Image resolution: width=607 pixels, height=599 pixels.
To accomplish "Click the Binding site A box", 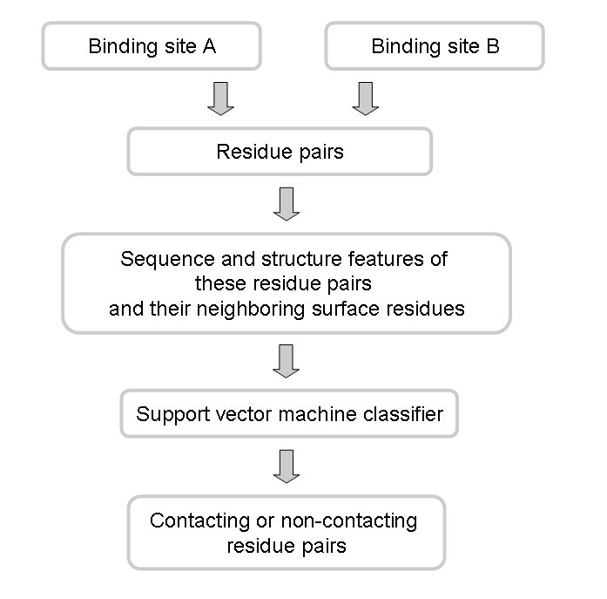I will click(x=152, y=46).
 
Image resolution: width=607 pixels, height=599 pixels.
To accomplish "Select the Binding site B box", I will click(x=435, y=46).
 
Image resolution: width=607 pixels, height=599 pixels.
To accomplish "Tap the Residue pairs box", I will click(x=280, y=152).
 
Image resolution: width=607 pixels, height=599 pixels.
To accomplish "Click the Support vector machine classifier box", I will click(x=289, y=413).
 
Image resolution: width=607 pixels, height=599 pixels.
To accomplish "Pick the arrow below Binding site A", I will click(x=221, y=99).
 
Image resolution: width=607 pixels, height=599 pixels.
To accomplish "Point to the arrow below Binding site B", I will click(x=366, y=99).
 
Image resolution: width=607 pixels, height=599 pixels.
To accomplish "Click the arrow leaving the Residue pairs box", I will click(x=286, y=203).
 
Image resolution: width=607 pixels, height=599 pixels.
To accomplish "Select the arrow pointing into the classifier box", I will click(x=286, y=361).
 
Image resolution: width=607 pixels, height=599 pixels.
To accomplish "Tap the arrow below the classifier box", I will click(x=286, y=466).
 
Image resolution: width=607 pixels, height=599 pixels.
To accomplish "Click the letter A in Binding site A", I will click(x=209, y=46).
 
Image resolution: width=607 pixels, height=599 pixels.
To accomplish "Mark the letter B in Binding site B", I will click(x=492, y=46).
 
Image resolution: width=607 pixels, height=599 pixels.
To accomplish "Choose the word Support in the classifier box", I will click(x=169, y=413).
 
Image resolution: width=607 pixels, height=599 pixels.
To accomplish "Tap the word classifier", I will click(x=403, y=413).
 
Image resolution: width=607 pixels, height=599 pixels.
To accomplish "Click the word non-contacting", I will click(x=348, y=521).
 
